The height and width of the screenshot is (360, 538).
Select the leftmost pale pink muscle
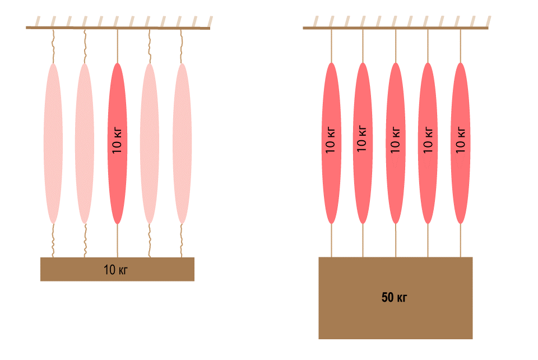click(53, 143)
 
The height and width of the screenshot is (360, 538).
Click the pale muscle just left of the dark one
click(85, 143)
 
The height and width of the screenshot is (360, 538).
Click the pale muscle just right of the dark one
click(149, 143)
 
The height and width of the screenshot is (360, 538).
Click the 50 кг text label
click(395, 298)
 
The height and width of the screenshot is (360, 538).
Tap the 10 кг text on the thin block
click(116, 270)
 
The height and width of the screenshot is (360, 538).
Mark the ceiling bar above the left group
click(118, 27)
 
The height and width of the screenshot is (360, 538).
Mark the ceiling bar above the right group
click(395, 27)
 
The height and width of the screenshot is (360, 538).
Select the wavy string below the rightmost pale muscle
click(182, 241)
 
